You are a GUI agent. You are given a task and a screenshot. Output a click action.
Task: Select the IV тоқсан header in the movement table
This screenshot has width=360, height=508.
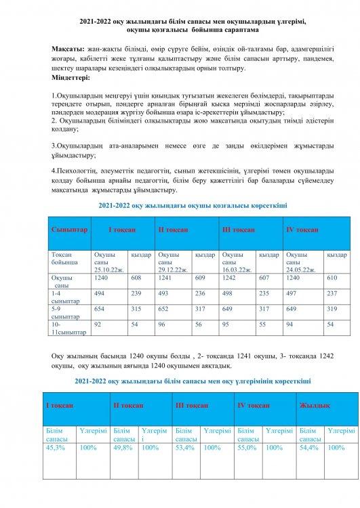coord(303,230)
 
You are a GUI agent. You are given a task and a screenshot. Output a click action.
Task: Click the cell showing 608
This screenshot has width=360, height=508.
coord(136,278)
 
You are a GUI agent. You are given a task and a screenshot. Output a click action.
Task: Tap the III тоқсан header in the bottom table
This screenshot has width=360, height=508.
coord(191,404)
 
